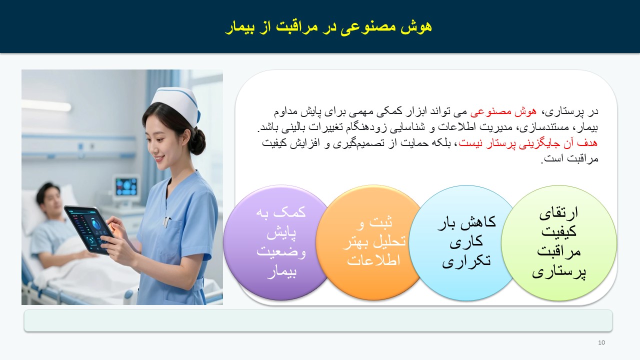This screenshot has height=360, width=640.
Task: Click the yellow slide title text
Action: click(328, 27)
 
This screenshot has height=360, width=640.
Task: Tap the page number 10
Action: click(601, 342)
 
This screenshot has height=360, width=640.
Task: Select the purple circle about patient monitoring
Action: click(277, 242)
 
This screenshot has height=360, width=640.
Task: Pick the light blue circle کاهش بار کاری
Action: click(464, 242)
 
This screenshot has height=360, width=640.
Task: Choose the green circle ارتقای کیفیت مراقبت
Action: click(559, 242)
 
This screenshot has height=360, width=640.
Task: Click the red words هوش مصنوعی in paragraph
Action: click(503, 111)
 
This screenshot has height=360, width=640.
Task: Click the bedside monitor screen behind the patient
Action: click(126, 186)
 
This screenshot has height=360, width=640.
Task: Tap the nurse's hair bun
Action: click(198, 141)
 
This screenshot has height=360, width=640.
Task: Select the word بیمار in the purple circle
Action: click(281, 271)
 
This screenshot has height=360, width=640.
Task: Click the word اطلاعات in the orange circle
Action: click(373, 260)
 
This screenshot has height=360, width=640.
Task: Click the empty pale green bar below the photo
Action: click(318, 320)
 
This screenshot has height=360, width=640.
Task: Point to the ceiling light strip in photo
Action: click(46, 105)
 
